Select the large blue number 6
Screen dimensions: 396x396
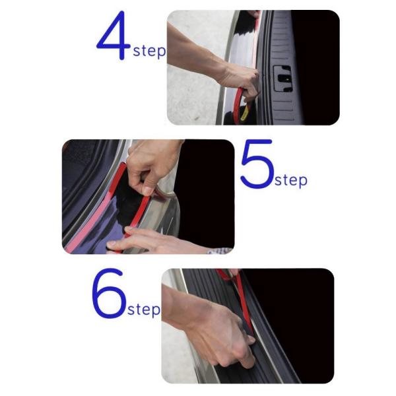(x=109, y=294)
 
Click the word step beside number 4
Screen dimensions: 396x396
(x=149, y=51)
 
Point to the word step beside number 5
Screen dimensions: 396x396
(x=291, y=180)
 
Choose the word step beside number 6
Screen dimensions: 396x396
(x=144, y=309)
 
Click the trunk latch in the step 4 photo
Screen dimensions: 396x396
(x=283, y=79)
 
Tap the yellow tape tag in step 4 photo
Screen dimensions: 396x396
(x=244, y=113)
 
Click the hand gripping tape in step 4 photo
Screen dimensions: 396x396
(x=240, y=80)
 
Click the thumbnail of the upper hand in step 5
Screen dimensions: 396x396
(x=148, y=191)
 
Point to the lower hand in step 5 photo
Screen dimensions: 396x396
(x=152, y=241)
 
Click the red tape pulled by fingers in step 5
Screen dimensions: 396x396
(x=138, y=214)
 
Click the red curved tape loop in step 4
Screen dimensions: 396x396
(x=239, y=105)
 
